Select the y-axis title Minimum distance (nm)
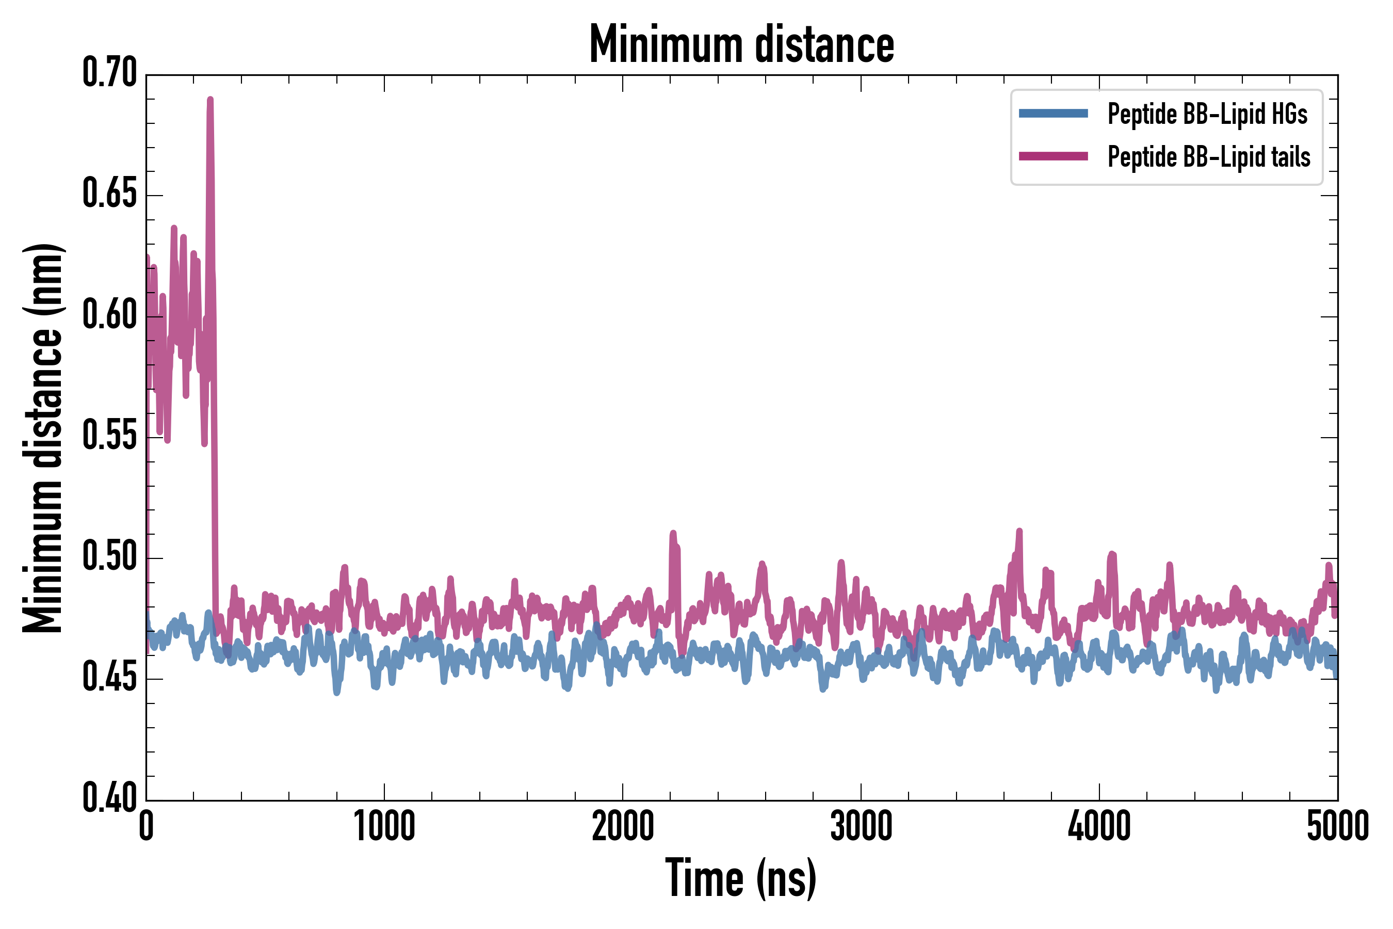tap(43, 438)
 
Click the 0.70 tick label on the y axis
tap(109, 73)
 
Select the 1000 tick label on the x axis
tap(384, 826)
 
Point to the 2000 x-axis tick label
tap(623, 826)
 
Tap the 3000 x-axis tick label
tap(861, 826)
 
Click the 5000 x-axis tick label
tap(1337, 826)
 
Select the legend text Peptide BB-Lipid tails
tap(1209, 157)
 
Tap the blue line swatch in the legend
tap(1053, 114)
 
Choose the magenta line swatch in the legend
tap(1053, 156)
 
